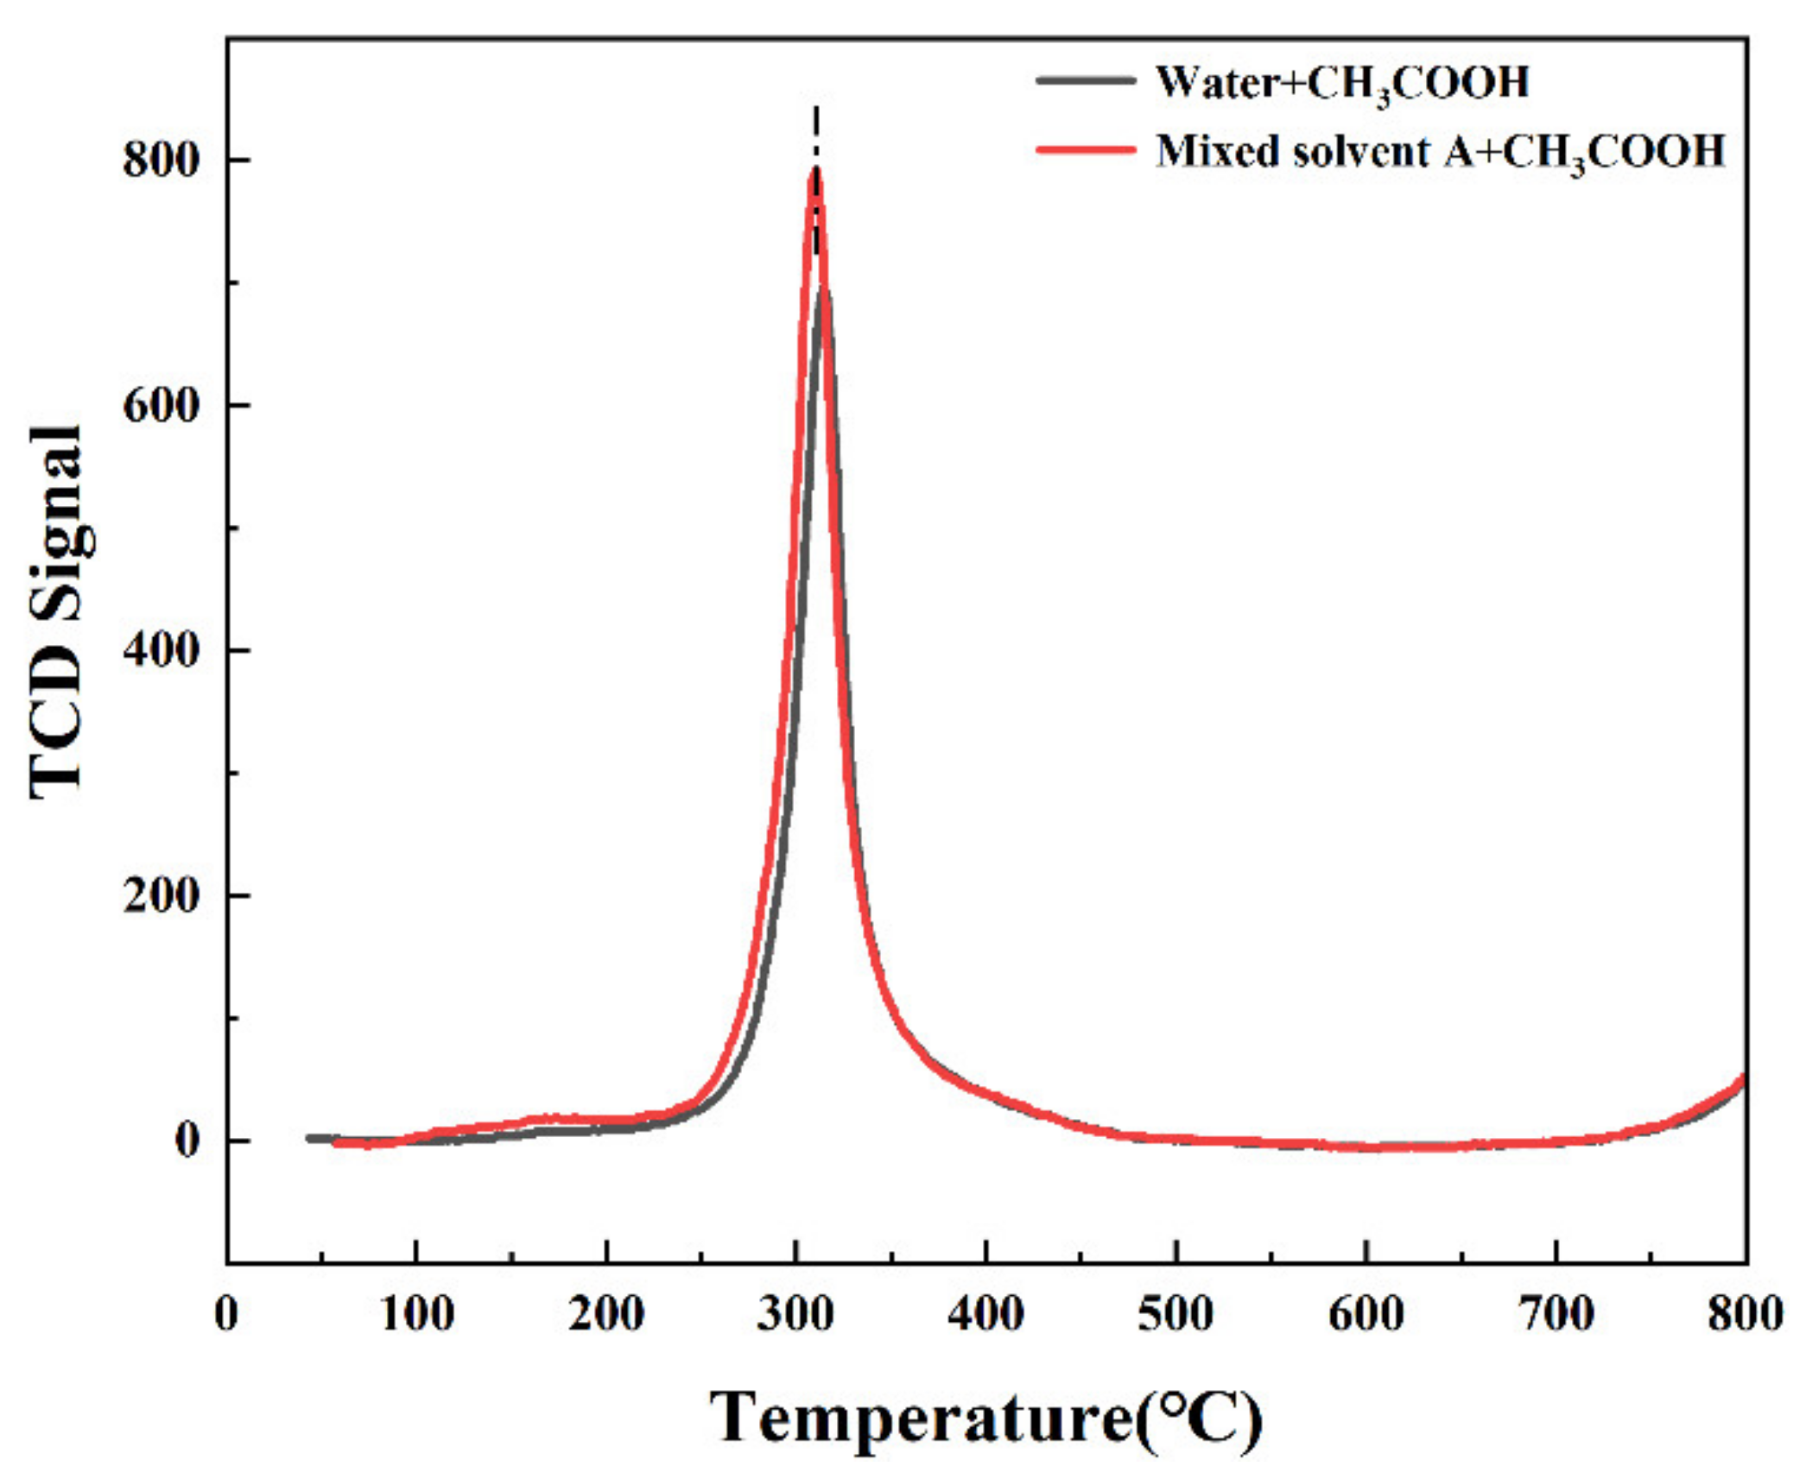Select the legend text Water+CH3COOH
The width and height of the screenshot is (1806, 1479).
pyautogui.click(x=1342, y=84)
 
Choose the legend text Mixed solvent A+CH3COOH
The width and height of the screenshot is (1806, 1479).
pyautogui.click(x=1440, y=153)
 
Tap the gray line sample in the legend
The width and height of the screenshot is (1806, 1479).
pyautogui.click(x=1086, y=79)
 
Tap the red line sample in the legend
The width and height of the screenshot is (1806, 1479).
pyautogui.click(x=1086, y=149)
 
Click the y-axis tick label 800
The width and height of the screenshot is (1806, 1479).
pyautogui.click(x=162, y=160)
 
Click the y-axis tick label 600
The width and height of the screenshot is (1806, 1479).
pyautogui.click(x=162, y=405)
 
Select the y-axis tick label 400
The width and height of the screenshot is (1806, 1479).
pyautogui.click(x=162, y=650)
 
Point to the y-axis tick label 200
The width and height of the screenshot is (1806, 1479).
pyautogui.click(x=162, y=895)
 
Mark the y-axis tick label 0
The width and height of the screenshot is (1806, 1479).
pyautogui.click(x=187, y=1141)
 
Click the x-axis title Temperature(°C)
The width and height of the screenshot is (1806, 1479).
pyautogui.click(x=986, y=1418)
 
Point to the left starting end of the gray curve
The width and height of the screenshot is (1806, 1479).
pyautogui.click(x=309, y=1138)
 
